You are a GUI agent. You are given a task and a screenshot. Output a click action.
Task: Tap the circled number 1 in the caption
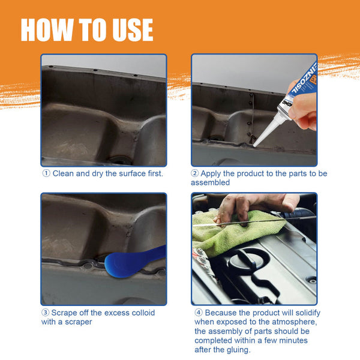[46, 174]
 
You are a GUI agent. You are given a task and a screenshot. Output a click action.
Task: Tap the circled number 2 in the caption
[195, 174]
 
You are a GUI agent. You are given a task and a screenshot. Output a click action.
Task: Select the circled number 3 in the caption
[46, 313]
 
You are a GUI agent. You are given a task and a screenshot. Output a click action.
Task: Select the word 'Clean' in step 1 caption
[65, 174]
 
